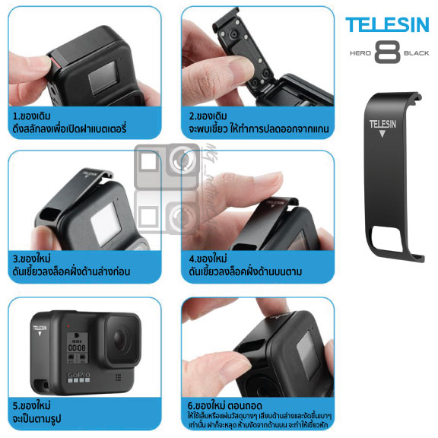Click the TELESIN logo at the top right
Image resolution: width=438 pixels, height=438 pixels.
pyautogui.click(x=386, y=24)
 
